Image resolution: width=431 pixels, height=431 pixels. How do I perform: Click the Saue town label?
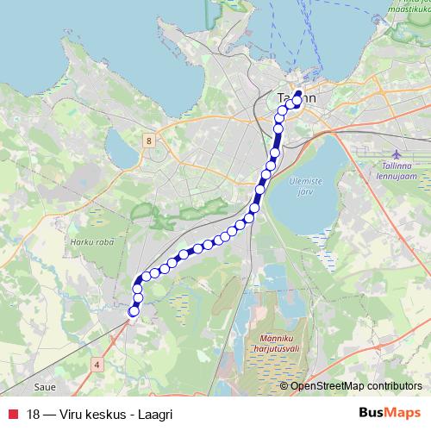[x=46, y=388]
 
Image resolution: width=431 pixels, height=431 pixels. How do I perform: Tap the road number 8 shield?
[x=149, y=140]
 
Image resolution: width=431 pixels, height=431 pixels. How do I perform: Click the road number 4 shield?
[x=97, y=365]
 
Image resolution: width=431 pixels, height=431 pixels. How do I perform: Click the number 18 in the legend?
[x=34, y=413]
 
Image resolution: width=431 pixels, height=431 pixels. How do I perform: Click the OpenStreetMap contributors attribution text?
[x=356, y=386]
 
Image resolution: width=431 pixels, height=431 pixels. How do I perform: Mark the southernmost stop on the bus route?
[x=133, y=311]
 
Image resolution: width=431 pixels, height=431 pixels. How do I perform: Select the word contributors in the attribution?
[x=395, y=386]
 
